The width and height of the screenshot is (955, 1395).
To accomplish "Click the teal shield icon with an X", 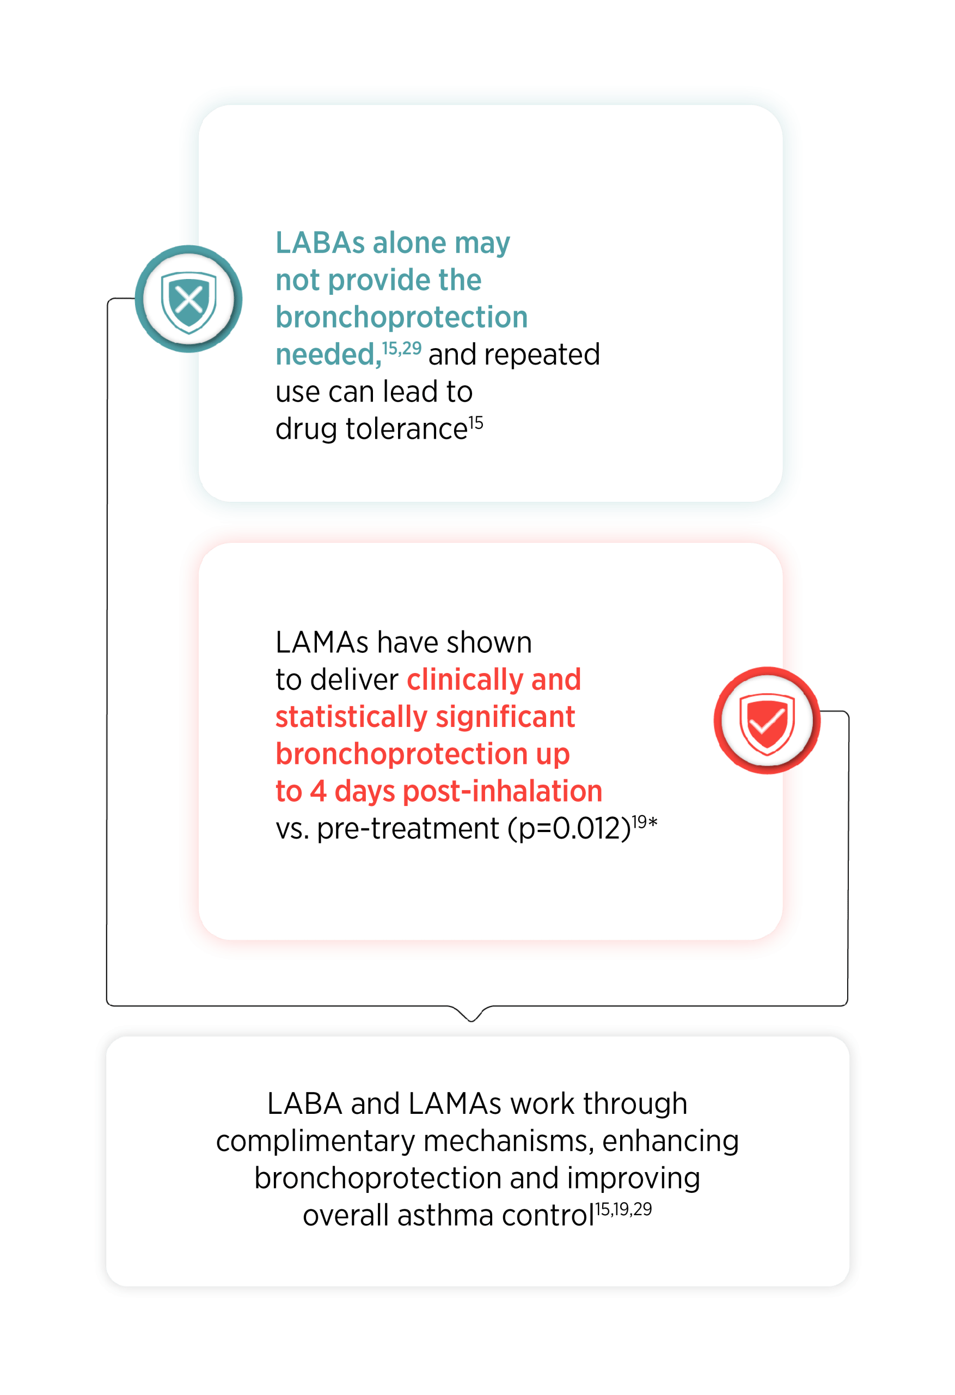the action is [188, 299].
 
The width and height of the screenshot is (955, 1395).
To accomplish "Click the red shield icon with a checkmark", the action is [767, 720].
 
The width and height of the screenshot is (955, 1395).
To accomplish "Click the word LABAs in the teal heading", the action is [320, 243].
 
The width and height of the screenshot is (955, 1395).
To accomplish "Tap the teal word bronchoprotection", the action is [401, 318].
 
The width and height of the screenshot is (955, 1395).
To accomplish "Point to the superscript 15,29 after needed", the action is [402, 349].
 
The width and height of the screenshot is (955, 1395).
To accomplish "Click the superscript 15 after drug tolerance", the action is [476, 423].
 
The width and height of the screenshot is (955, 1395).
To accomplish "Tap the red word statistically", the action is [352, 717].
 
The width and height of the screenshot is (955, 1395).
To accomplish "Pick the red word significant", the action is [506, 717].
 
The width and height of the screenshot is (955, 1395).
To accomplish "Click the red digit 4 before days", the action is [318, 792].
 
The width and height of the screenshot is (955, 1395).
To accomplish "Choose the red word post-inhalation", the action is [503, 792].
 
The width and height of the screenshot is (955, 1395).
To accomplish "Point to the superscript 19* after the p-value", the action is [645, 822].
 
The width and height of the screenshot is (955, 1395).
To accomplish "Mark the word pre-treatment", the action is [408, 829].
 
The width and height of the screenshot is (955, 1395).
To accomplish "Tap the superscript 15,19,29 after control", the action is [623, 1210].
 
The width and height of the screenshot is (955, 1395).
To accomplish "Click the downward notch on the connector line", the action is [472, 1020].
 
